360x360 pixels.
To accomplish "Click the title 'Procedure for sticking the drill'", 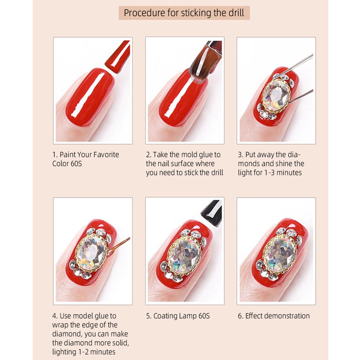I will tap(184, 13).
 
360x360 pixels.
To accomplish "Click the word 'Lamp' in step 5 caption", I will tap(188, 316).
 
